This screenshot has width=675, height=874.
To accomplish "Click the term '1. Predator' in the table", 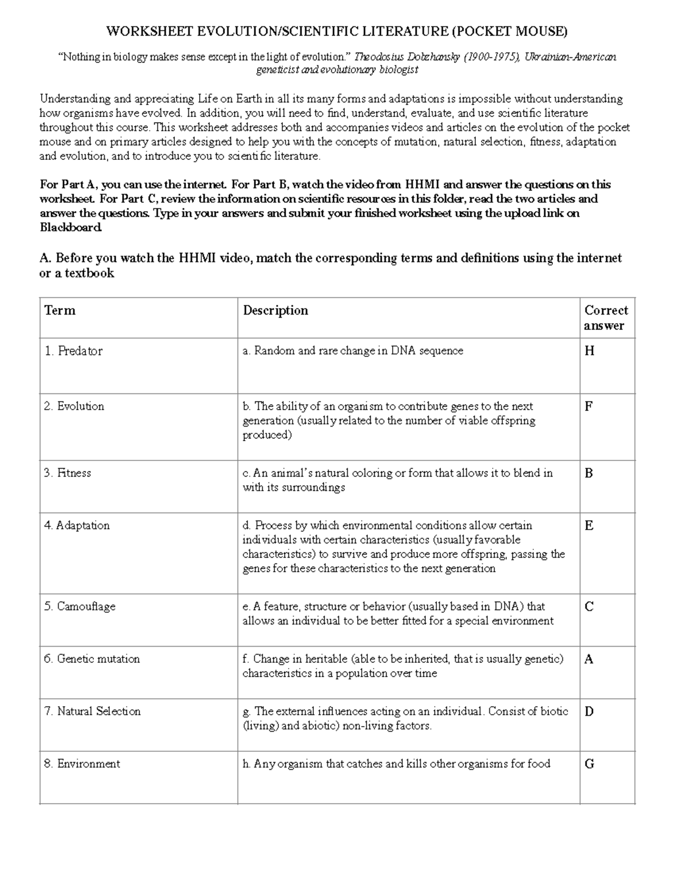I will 74,351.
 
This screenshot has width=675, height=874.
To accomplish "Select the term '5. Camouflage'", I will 80,607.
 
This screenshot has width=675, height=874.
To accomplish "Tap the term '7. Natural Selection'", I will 92,711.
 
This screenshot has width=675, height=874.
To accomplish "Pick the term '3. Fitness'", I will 67,473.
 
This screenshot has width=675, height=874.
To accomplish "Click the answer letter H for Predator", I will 589,351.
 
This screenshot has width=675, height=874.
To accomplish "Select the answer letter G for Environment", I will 589,764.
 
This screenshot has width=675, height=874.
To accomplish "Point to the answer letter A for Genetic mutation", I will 589,659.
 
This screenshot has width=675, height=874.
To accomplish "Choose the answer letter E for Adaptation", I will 589,526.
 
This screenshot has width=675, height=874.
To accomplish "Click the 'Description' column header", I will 276,311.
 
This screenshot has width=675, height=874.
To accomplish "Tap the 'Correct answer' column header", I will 606,318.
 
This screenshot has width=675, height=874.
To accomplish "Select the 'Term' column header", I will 60,311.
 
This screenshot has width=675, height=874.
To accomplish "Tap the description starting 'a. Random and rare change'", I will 353,351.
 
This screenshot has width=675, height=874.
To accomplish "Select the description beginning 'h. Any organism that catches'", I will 396,764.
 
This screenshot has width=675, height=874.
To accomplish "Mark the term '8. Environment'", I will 82,764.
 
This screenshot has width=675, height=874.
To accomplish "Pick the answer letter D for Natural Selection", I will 589,711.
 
